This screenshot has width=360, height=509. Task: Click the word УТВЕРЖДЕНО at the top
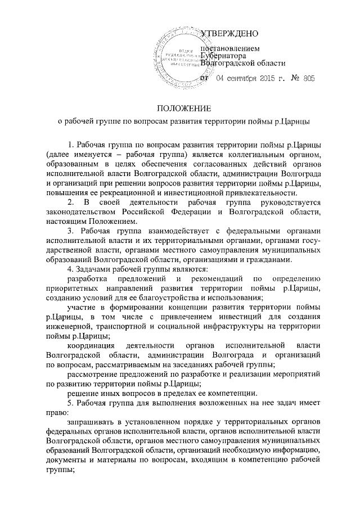click(x=230, y=34)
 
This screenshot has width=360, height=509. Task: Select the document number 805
click(x=308, y=79)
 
